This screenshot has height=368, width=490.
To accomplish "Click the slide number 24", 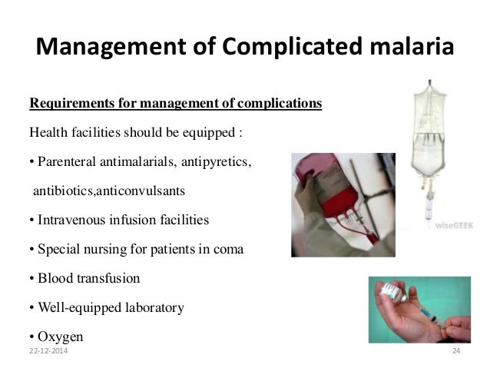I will click(455, 351).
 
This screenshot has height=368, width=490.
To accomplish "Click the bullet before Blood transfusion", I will click(31, 278).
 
